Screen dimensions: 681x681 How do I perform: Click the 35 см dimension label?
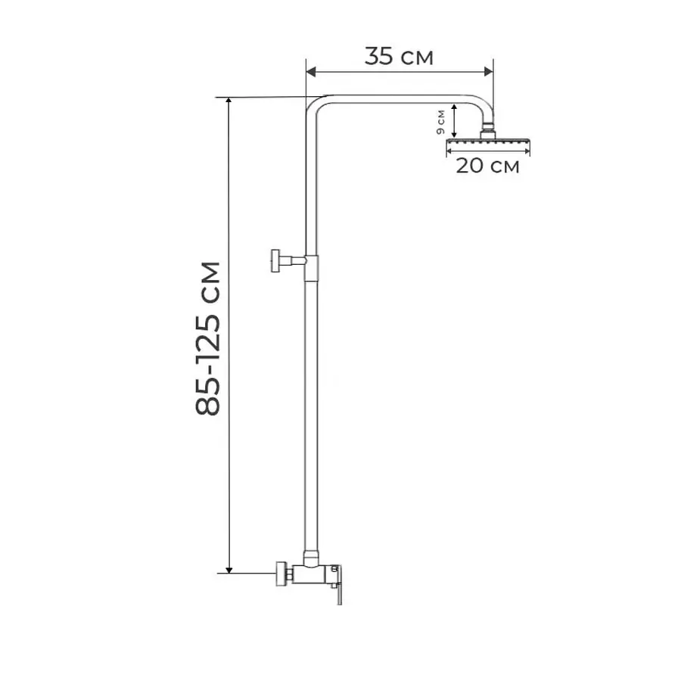pyautogui.click(x=399, y=57)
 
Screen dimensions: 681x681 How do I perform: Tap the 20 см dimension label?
pyautogui.click(x=487, y=166)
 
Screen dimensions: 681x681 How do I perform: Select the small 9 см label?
pyautogui.click(x=441, y=122)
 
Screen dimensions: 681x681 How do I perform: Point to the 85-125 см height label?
pyautogui.click(x=208, y=339)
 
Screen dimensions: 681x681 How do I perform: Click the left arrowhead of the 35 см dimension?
pyautogui.click(x=311, y=72)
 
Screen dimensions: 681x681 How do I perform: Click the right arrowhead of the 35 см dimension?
pyautogui.click(x=489, y=72)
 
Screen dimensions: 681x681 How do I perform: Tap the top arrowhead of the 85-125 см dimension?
pyautogui.click(x=229, y=101)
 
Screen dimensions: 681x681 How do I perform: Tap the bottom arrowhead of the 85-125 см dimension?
pyautogui.click(x=229, y=569)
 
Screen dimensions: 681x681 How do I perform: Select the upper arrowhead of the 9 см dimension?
pyautogui.click(x=454, y=107)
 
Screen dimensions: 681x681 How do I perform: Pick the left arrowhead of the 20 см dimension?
pyautogui.click(x=450, y=151)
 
